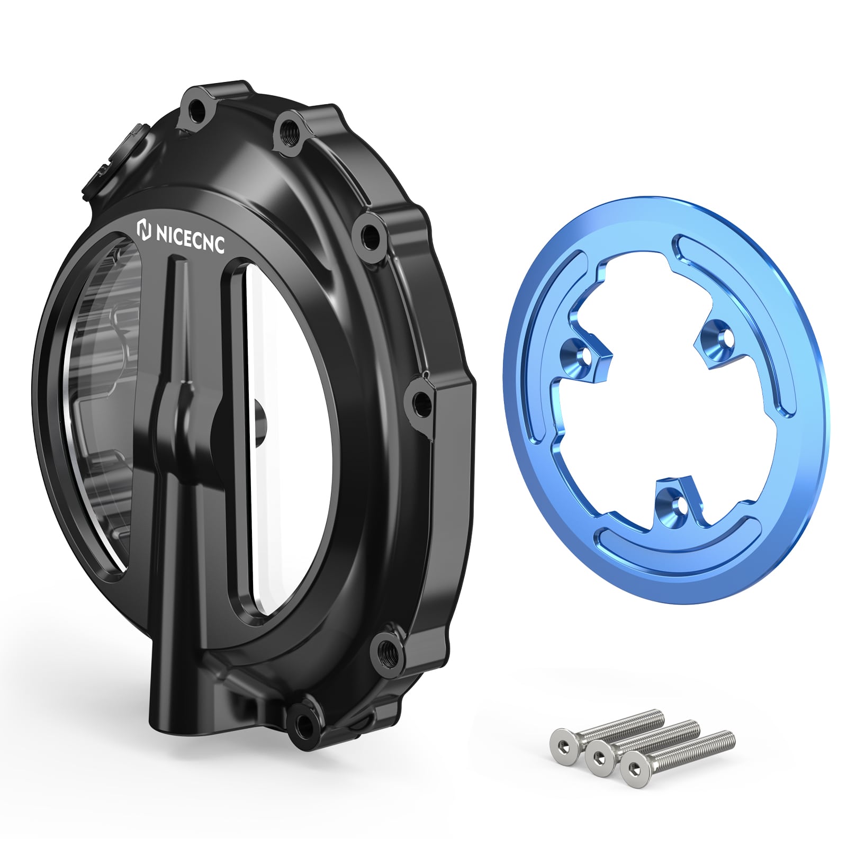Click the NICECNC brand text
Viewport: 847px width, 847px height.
click(x=190, y=238)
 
